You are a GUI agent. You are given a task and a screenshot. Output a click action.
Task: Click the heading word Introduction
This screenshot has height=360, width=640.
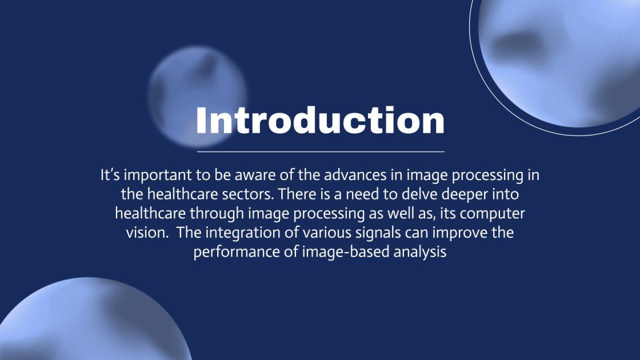[320, 121]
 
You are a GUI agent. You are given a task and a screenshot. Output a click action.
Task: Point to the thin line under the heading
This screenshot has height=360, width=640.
[320, 152]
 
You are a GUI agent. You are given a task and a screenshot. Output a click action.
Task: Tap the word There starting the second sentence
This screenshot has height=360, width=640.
[297, 194]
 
